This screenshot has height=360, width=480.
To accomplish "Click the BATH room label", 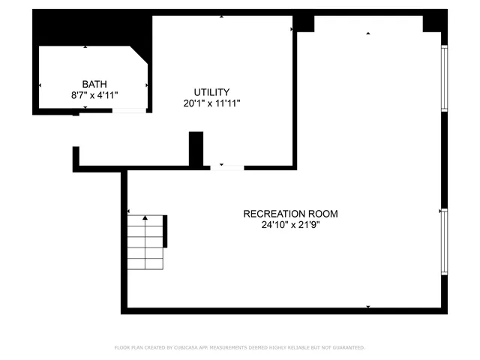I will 94,84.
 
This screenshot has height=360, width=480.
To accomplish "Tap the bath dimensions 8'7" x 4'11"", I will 94,95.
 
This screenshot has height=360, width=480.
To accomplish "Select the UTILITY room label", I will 211,92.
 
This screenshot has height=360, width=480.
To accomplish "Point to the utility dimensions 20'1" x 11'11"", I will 211,103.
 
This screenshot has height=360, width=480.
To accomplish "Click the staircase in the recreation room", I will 145,242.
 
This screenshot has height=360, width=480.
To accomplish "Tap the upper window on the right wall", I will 444,78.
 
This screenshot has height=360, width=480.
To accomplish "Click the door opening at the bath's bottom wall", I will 129,111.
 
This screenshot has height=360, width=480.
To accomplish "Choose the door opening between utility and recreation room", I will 226,166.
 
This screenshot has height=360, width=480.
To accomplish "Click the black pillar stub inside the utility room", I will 196,148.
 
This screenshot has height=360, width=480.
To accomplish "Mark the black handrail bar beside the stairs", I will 165,231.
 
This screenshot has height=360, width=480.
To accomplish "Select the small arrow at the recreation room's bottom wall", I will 367,307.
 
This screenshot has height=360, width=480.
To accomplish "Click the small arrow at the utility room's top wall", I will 221,16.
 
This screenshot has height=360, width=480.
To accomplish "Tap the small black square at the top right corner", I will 433,23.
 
